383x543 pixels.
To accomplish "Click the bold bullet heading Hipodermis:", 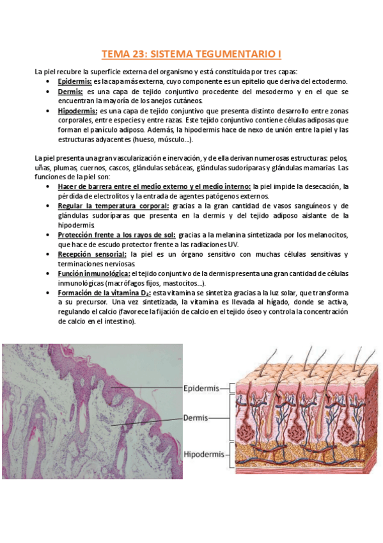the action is click(x=77, y=111).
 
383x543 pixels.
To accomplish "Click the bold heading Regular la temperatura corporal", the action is click(x=113, y=206).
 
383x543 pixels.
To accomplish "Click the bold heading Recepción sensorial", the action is click(x=92, y=254).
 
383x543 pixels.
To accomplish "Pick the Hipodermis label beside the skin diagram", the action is click(x=203, y=455).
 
